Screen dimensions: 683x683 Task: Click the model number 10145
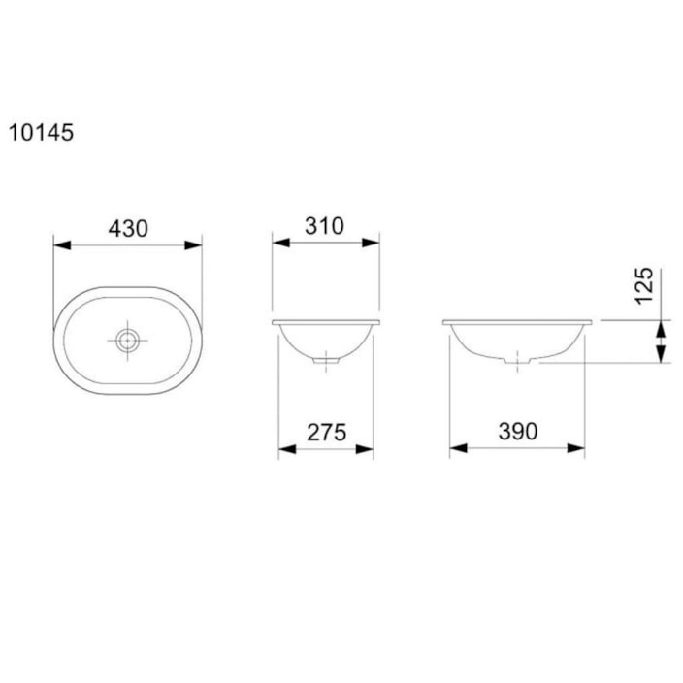click(x=41, y=133)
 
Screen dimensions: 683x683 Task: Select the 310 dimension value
click(x=324, y=226)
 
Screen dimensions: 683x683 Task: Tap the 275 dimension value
click(x=327, y=433)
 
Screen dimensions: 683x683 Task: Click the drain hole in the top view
click(x=127, y=341)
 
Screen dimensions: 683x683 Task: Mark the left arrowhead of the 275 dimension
click(x=286, y=448)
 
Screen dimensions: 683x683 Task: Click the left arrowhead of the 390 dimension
click(x=457, y=448)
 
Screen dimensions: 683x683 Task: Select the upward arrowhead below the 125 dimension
click(x=661, y=332)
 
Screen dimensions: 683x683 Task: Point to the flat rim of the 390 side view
click(x=517, y=321)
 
